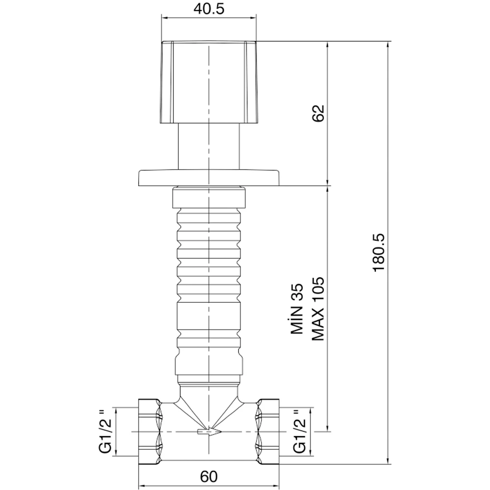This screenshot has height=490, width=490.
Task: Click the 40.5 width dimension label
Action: [210, 9]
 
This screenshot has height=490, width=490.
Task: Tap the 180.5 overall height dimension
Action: [380, 252]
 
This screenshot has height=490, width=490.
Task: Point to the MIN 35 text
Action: [298, 309]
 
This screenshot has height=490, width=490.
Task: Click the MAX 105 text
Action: [318, 309]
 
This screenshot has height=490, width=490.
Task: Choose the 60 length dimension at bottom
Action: [209, 476]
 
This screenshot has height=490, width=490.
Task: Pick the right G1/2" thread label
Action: [299, 431]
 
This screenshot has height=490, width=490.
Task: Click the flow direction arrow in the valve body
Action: [209, 432]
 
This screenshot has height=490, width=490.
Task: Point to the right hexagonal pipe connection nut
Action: [268, 431]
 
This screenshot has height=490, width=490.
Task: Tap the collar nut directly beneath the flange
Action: [209, 197]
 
